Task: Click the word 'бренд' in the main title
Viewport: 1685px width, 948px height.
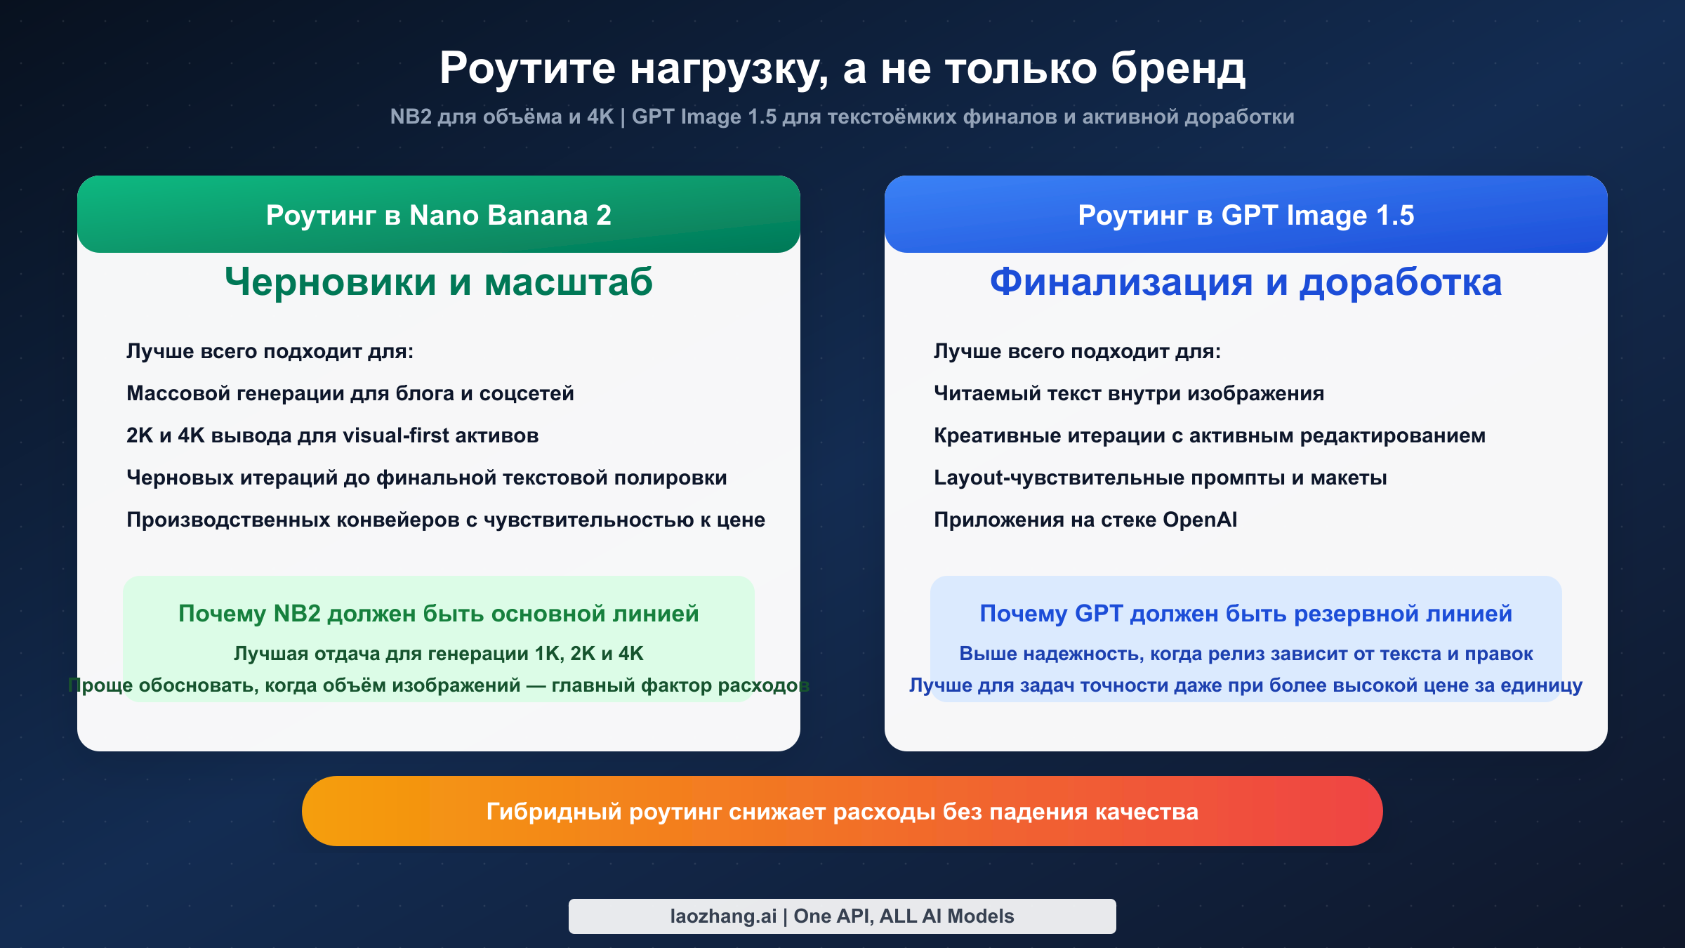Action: pos(1177,69)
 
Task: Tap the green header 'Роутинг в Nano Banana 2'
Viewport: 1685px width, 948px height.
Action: pos(438,215)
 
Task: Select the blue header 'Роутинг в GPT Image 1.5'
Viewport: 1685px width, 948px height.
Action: pos(1245,215)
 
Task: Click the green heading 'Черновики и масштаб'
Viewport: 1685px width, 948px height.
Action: pos(438,282)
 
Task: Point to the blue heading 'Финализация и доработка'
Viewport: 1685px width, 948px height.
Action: pos(1245,282)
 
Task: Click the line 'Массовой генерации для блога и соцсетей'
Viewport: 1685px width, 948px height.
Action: pos(350,393)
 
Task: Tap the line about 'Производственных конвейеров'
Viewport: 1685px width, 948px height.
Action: pos(445,520)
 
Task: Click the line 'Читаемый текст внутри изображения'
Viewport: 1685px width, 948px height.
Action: pos(1128,393)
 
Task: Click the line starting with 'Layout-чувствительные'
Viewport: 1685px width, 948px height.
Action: pos(1160,478)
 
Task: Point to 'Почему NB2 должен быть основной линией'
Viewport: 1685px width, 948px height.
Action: pos(438,614)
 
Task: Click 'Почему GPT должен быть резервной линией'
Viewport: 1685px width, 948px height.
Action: pos(1245,614)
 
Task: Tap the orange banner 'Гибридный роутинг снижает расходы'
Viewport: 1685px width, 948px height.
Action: pos(842,812)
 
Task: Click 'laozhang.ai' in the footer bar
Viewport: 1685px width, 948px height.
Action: pos(722,916)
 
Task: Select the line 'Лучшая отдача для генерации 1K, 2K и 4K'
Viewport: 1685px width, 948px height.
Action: pos(438,654)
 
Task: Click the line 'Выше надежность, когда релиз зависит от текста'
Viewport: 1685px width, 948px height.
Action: pos(1245,654)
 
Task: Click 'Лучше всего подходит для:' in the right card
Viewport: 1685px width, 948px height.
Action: pos(1077,351)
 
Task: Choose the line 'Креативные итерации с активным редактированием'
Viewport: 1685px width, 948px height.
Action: pos(1209,435)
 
